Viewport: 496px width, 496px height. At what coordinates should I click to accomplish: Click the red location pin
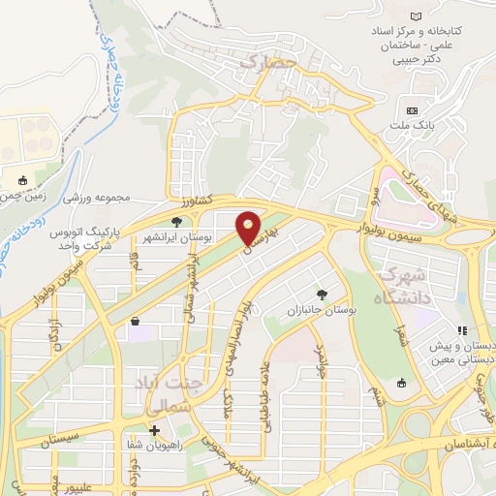click(x=249, y=229)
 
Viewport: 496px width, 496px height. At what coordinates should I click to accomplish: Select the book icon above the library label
click(x=417, y=16)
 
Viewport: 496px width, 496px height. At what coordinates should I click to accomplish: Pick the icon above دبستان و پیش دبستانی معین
click(x=463, y=330)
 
